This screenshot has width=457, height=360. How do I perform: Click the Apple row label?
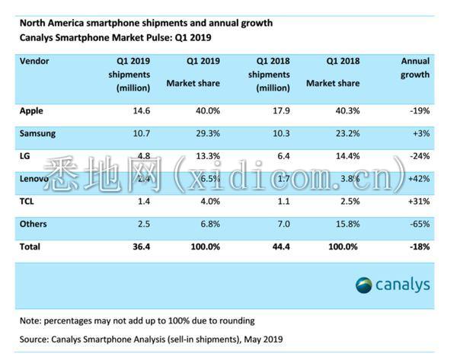(x=31, y=110)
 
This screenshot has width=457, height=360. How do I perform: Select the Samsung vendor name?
(x=37, y=133)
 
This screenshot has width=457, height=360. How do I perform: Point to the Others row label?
(x=34, y=224)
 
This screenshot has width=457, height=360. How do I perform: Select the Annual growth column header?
(x=415, y=68)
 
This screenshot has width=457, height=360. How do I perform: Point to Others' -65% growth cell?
(x=417, y=224)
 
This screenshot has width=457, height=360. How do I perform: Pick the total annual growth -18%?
(x=417, y=247)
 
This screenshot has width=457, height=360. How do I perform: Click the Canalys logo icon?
(x=364, y=285)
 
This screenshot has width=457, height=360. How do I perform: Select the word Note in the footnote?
(x=30, y=320)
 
